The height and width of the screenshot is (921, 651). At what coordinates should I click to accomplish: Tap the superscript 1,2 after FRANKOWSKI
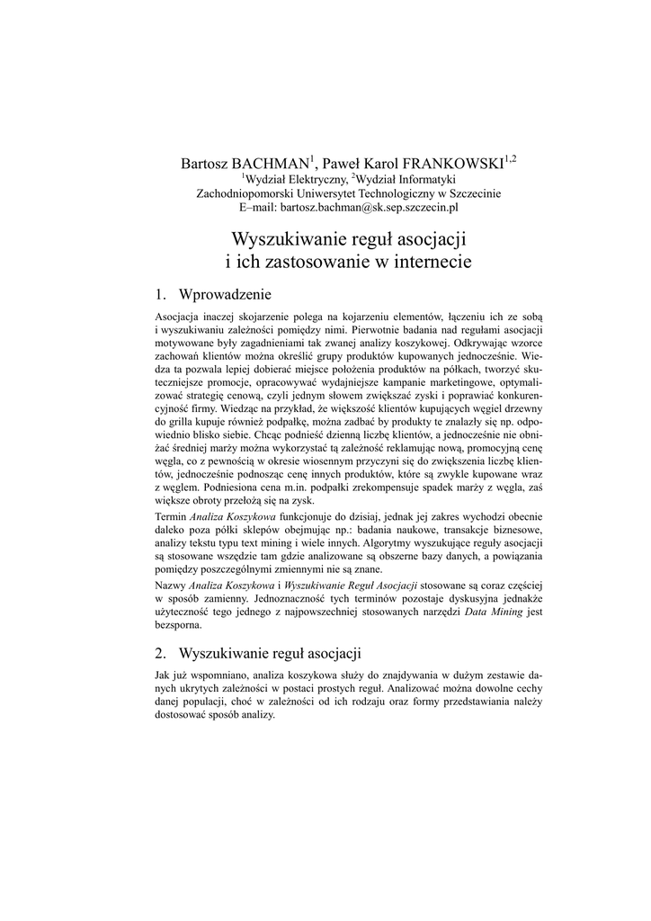pyautogui.click(x=509, y=158)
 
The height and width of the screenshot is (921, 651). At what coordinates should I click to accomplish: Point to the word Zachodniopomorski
pyautogui.click(x=246, y=193)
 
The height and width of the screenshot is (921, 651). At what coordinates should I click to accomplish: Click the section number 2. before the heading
pyautogui.click(x=161, y=652)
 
